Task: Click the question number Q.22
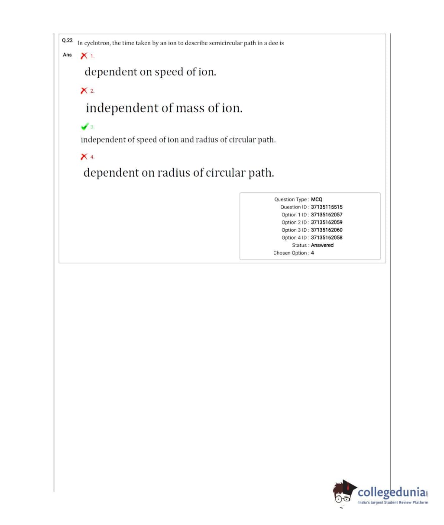pos(67,40)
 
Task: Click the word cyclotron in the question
pos(97,43)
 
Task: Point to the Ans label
pos(67,55)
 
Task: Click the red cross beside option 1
pos(84,55)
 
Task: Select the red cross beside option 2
pos(84,91)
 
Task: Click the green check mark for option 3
pos(84,126)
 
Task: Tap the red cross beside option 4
pos(84,156)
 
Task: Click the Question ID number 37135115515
pos(327,207)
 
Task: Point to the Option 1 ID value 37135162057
pos(327,215)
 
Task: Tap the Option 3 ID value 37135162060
pos(327,230)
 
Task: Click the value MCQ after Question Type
pos(317,199)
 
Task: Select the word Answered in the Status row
pos(322,245)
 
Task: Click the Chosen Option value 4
pos(312,253)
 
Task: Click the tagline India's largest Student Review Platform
pos(393,502)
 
